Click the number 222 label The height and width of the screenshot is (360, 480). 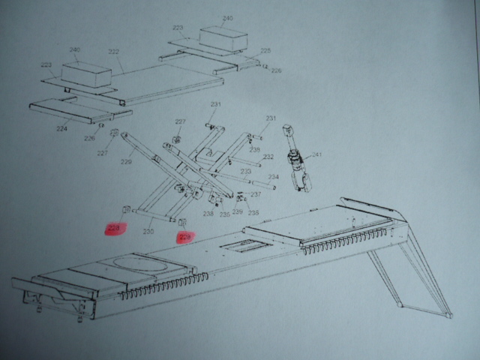(114, 52)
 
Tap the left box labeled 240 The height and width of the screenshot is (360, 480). (85, 74)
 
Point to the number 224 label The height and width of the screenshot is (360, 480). (61, 128)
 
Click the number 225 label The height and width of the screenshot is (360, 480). (265, 50)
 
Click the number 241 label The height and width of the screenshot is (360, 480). (317, 155)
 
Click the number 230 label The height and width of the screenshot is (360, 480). (148, 232)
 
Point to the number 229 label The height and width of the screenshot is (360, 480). (126, 160)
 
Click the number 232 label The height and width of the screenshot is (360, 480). (268, 157)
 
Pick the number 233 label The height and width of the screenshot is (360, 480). (245, 171)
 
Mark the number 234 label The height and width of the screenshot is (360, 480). (274, 177)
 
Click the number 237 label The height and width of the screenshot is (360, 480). (256, 194)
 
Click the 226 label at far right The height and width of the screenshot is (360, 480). (276, 70)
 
